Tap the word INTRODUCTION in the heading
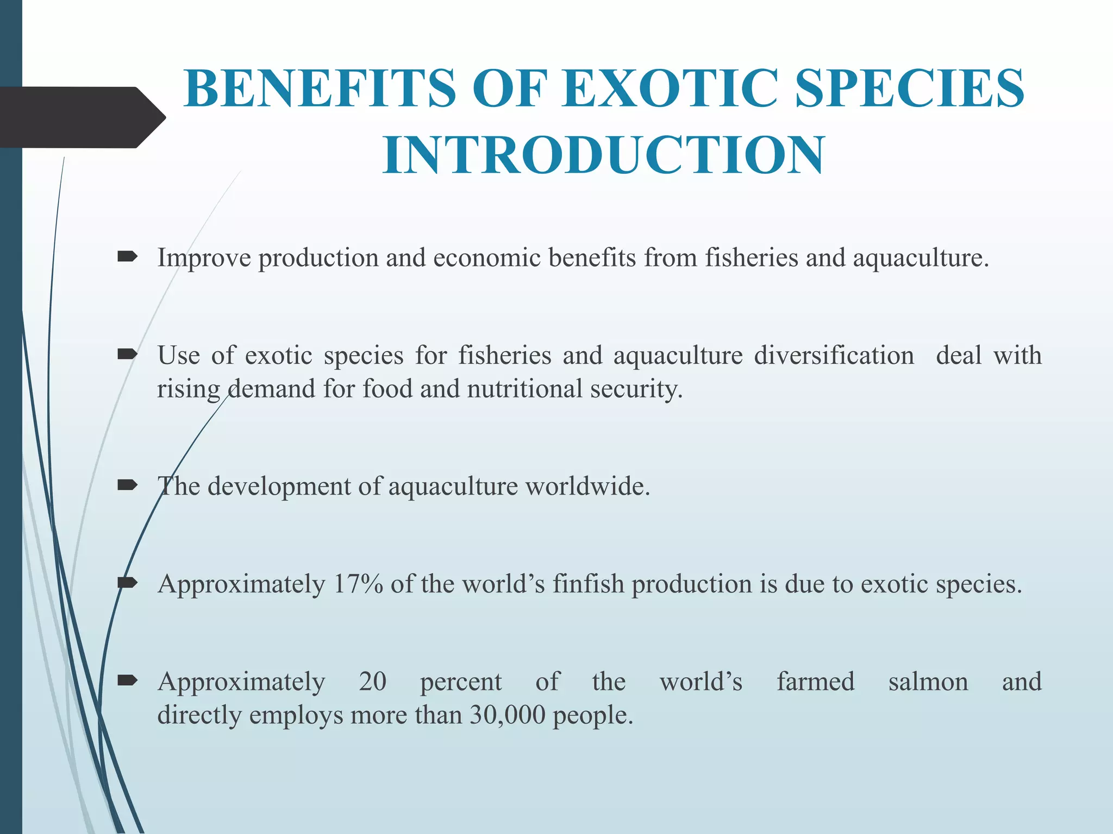[603, 156]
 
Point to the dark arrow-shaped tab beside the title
[82, 117]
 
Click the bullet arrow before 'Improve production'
[127, 256]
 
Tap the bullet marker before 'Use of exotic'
[127, 355]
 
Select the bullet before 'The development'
[127, 485]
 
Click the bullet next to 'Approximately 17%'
[127, 583]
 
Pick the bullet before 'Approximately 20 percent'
[127, 680]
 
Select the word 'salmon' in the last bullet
[928, 681]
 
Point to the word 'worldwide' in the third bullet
[586, 486]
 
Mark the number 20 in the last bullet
[372, 681]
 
